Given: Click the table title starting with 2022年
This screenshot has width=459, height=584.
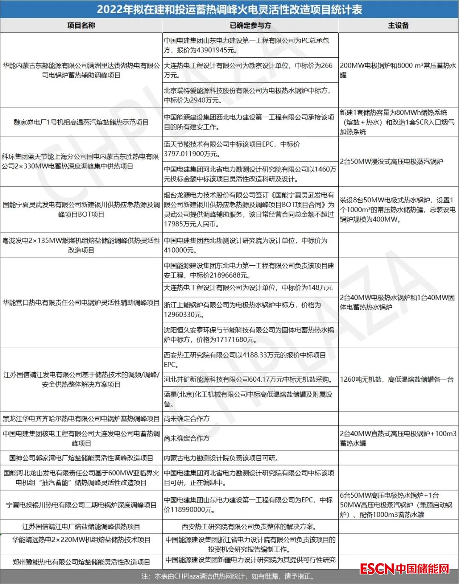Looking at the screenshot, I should [229, 9].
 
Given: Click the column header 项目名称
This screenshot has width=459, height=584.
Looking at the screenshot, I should [81, 26].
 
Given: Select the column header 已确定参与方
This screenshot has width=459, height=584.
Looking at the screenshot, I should [250, 26].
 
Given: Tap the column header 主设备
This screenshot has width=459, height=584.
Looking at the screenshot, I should [398, 26].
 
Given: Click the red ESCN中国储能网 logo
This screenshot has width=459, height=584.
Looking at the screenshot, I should [404, 568].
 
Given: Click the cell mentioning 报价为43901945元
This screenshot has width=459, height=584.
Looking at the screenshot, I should [250, 45].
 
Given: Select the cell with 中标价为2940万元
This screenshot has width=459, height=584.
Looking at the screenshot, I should [250, 95].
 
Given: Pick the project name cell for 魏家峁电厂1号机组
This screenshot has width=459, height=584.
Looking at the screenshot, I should [81, 122].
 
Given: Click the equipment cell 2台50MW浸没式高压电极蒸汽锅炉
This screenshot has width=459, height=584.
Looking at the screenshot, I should [391, 162].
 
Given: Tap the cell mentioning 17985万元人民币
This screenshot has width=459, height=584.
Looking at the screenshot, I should [250, 210].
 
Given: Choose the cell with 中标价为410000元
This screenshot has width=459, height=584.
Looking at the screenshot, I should [250, 245].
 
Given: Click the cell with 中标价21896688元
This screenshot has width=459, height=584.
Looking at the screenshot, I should [250, 270].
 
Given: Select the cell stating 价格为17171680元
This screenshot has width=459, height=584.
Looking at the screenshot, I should [250, 335].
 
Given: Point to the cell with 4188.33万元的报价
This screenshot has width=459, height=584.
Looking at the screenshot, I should [250, 360].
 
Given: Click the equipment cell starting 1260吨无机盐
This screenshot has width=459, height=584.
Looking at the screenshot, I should [397, 379].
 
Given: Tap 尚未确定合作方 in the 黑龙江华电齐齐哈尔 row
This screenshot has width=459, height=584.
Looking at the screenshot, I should [187, 419].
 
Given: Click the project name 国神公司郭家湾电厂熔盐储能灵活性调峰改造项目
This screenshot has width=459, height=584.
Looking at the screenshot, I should [81, 458].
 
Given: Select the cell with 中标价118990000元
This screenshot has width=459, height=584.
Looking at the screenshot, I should [250, 505].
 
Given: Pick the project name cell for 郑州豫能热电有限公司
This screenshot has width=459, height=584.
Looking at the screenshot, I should [81, 562].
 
